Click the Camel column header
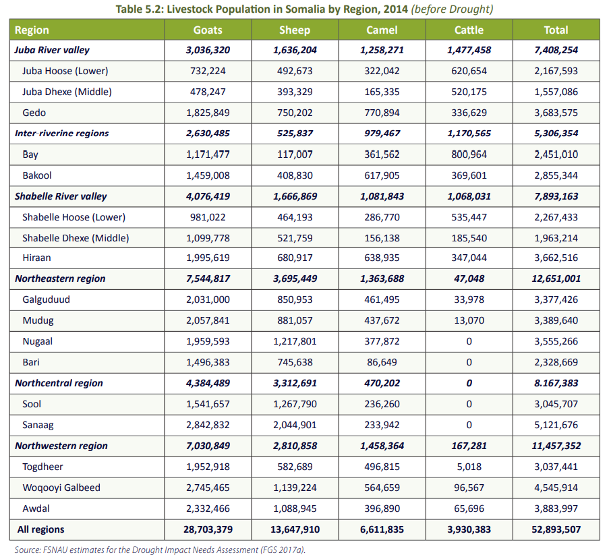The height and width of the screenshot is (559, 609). pos(382,30)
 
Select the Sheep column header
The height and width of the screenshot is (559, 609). pos(295,30)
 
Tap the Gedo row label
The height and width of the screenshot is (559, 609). pos(34,113)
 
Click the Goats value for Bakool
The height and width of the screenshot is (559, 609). pos(208,175)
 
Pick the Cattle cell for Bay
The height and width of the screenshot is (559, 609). pos(469,154)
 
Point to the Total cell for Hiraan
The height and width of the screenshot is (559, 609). pos(556,258)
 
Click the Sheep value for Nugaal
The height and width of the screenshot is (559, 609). pos(295,341)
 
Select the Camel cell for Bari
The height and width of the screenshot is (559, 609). pos(382,362)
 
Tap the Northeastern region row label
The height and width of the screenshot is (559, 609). pos(60,278)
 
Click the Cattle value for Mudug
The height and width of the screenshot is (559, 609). pos(469,320)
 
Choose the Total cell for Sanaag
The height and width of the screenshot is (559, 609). pos(556,425)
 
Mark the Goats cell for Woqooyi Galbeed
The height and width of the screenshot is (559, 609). pos(208,488)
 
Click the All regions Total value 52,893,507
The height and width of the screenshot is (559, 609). pos(556,529)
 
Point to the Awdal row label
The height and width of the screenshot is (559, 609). pos(36,508)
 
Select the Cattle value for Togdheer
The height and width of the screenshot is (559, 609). pos(469,467)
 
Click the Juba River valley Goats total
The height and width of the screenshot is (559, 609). pos(208,50)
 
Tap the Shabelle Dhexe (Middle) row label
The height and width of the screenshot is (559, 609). pos(75,237)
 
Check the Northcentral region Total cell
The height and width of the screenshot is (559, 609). pos(556,383)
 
